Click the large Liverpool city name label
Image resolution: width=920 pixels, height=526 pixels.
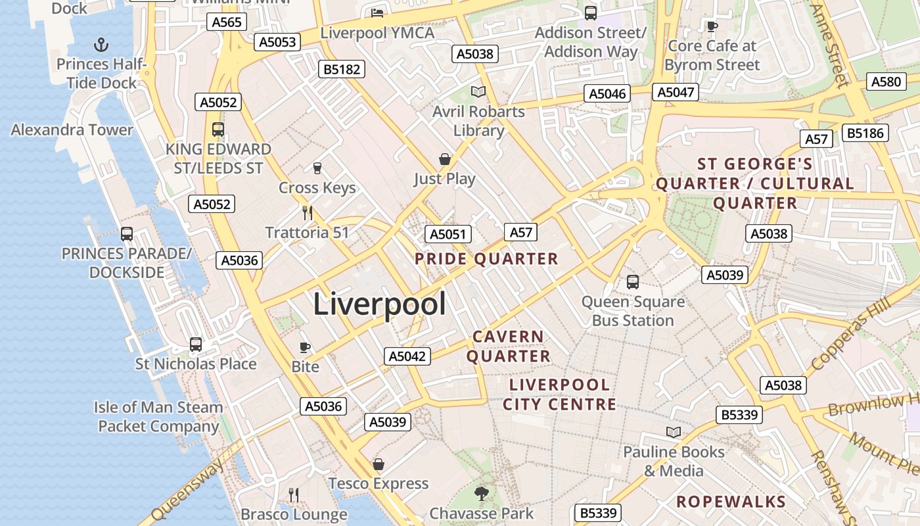(379, 304)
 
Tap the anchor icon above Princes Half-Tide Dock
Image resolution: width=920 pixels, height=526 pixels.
(101, 45)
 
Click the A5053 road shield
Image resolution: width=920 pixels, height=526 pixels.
(278, 42)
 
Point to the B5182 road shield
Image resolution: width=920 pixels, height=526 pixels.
(340, 69)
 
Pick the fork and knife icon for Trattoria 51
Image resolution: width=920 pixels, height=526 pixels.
(307, 212)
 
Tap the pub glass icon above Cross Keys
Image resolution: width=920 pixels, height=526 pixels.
(317, 168)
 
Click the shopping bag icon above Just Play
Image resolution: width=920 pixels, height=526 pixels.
(445, 159)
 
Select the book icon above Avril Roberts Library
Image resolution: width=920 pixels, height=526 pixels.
(478, 92)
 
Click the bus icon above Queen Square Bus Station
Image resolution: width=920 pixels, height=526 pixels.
(633, 282)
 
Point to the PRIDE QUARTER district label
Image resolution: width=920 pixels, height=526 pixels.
(486, 259)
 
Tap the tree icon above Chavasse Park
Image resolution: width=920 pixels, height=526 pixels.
(482, 493)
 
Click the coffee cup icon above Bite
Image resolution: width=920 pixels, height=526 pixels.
(305, 347)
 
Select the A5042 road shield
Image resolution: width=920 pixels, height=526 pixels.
(407, 356)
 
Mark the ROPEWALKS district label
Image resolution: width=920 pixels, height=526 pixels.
(731, 502)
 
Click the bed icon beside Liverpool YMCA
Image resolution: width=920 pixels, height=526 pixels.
(377, 12)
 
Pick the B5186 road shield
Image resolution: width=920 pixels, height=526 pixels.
(866, 133)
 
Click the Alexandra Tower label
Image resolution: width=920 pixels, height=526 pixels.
(72, 130)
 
